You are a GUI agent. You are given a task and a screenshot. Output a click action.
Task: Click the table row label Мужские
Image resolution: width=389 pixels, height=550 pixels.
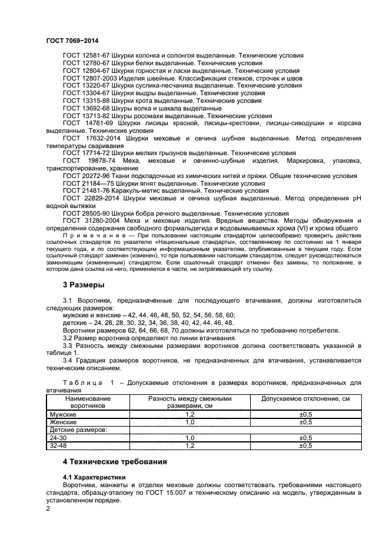point(63,414)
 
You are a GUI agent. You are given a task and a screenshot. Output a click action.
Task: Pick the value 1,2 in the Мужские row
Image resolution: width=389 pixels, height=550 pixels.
point(189,414)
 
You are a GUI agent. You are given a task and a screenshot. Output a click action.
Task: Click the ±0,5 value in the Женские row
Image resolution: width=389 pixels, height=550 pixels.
point(305,422)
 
